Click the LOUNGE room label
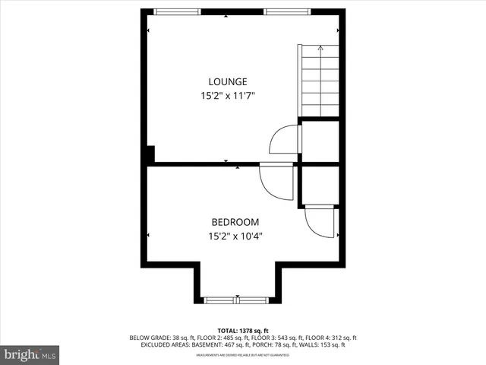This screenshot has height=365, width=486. point(228,81)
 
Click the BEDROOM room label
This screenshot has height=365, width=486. point(235,221)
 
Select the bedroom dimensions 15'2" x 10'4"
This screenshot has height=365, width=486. point(235,236)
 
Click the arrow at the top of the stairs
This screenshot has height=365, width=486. point(320,49)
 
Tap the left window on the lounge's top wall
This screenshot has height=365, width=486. point(178,10)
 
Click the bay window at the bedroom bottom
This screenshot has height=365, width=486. point(238,298)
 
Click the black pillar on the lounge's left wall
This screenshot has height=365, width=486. point(150,154)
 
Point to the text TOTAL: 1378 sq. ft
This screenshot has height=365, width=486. point(243,331)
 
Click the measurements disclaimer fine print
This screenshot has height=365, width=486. point(243,355)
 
